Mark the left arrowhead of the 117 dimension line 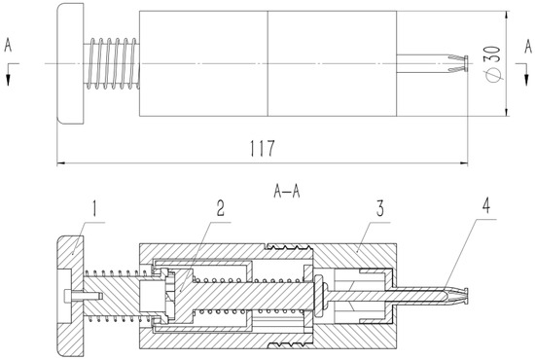(x=59, y=161)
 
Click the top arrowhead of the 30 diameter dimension (x=507, y=16)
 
